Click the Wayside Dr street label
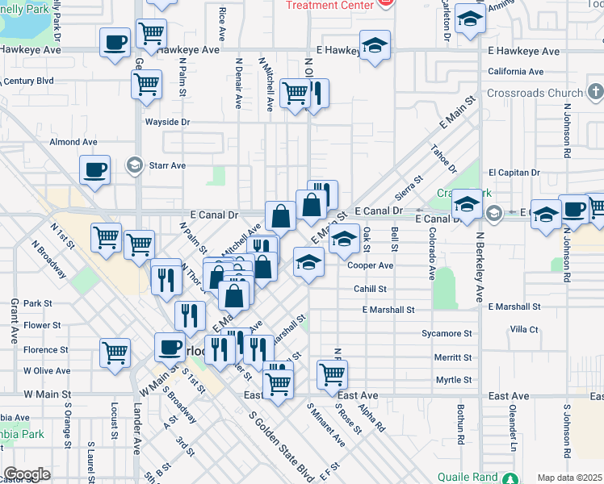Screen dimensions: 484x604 pos(166,122)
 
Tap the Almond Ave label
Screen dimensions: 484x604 pos(73,142)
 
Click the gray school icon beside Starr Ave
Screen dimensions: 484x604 pos(134,165)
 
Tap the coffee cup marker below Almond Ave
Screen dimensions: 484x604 pos(94,170)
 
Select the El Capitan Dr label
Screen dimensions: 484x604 pos(514,173)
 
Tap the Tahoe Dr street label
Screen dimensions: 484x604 pos(443,160)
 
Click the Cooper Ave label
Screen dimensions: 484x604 pos(370,265)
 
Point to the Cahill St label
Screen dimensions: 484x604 pos(370,289)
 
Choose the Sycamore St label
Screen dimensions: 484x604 pos(446,333)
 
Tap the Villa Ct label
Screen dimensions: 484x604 pos(523,329)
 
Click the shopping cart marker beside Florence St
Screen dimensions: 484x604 pos(115,352)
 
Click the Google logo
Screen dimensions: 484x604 pos(27,474)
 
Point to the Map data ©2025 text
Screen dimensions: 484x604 pos(568,478)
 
